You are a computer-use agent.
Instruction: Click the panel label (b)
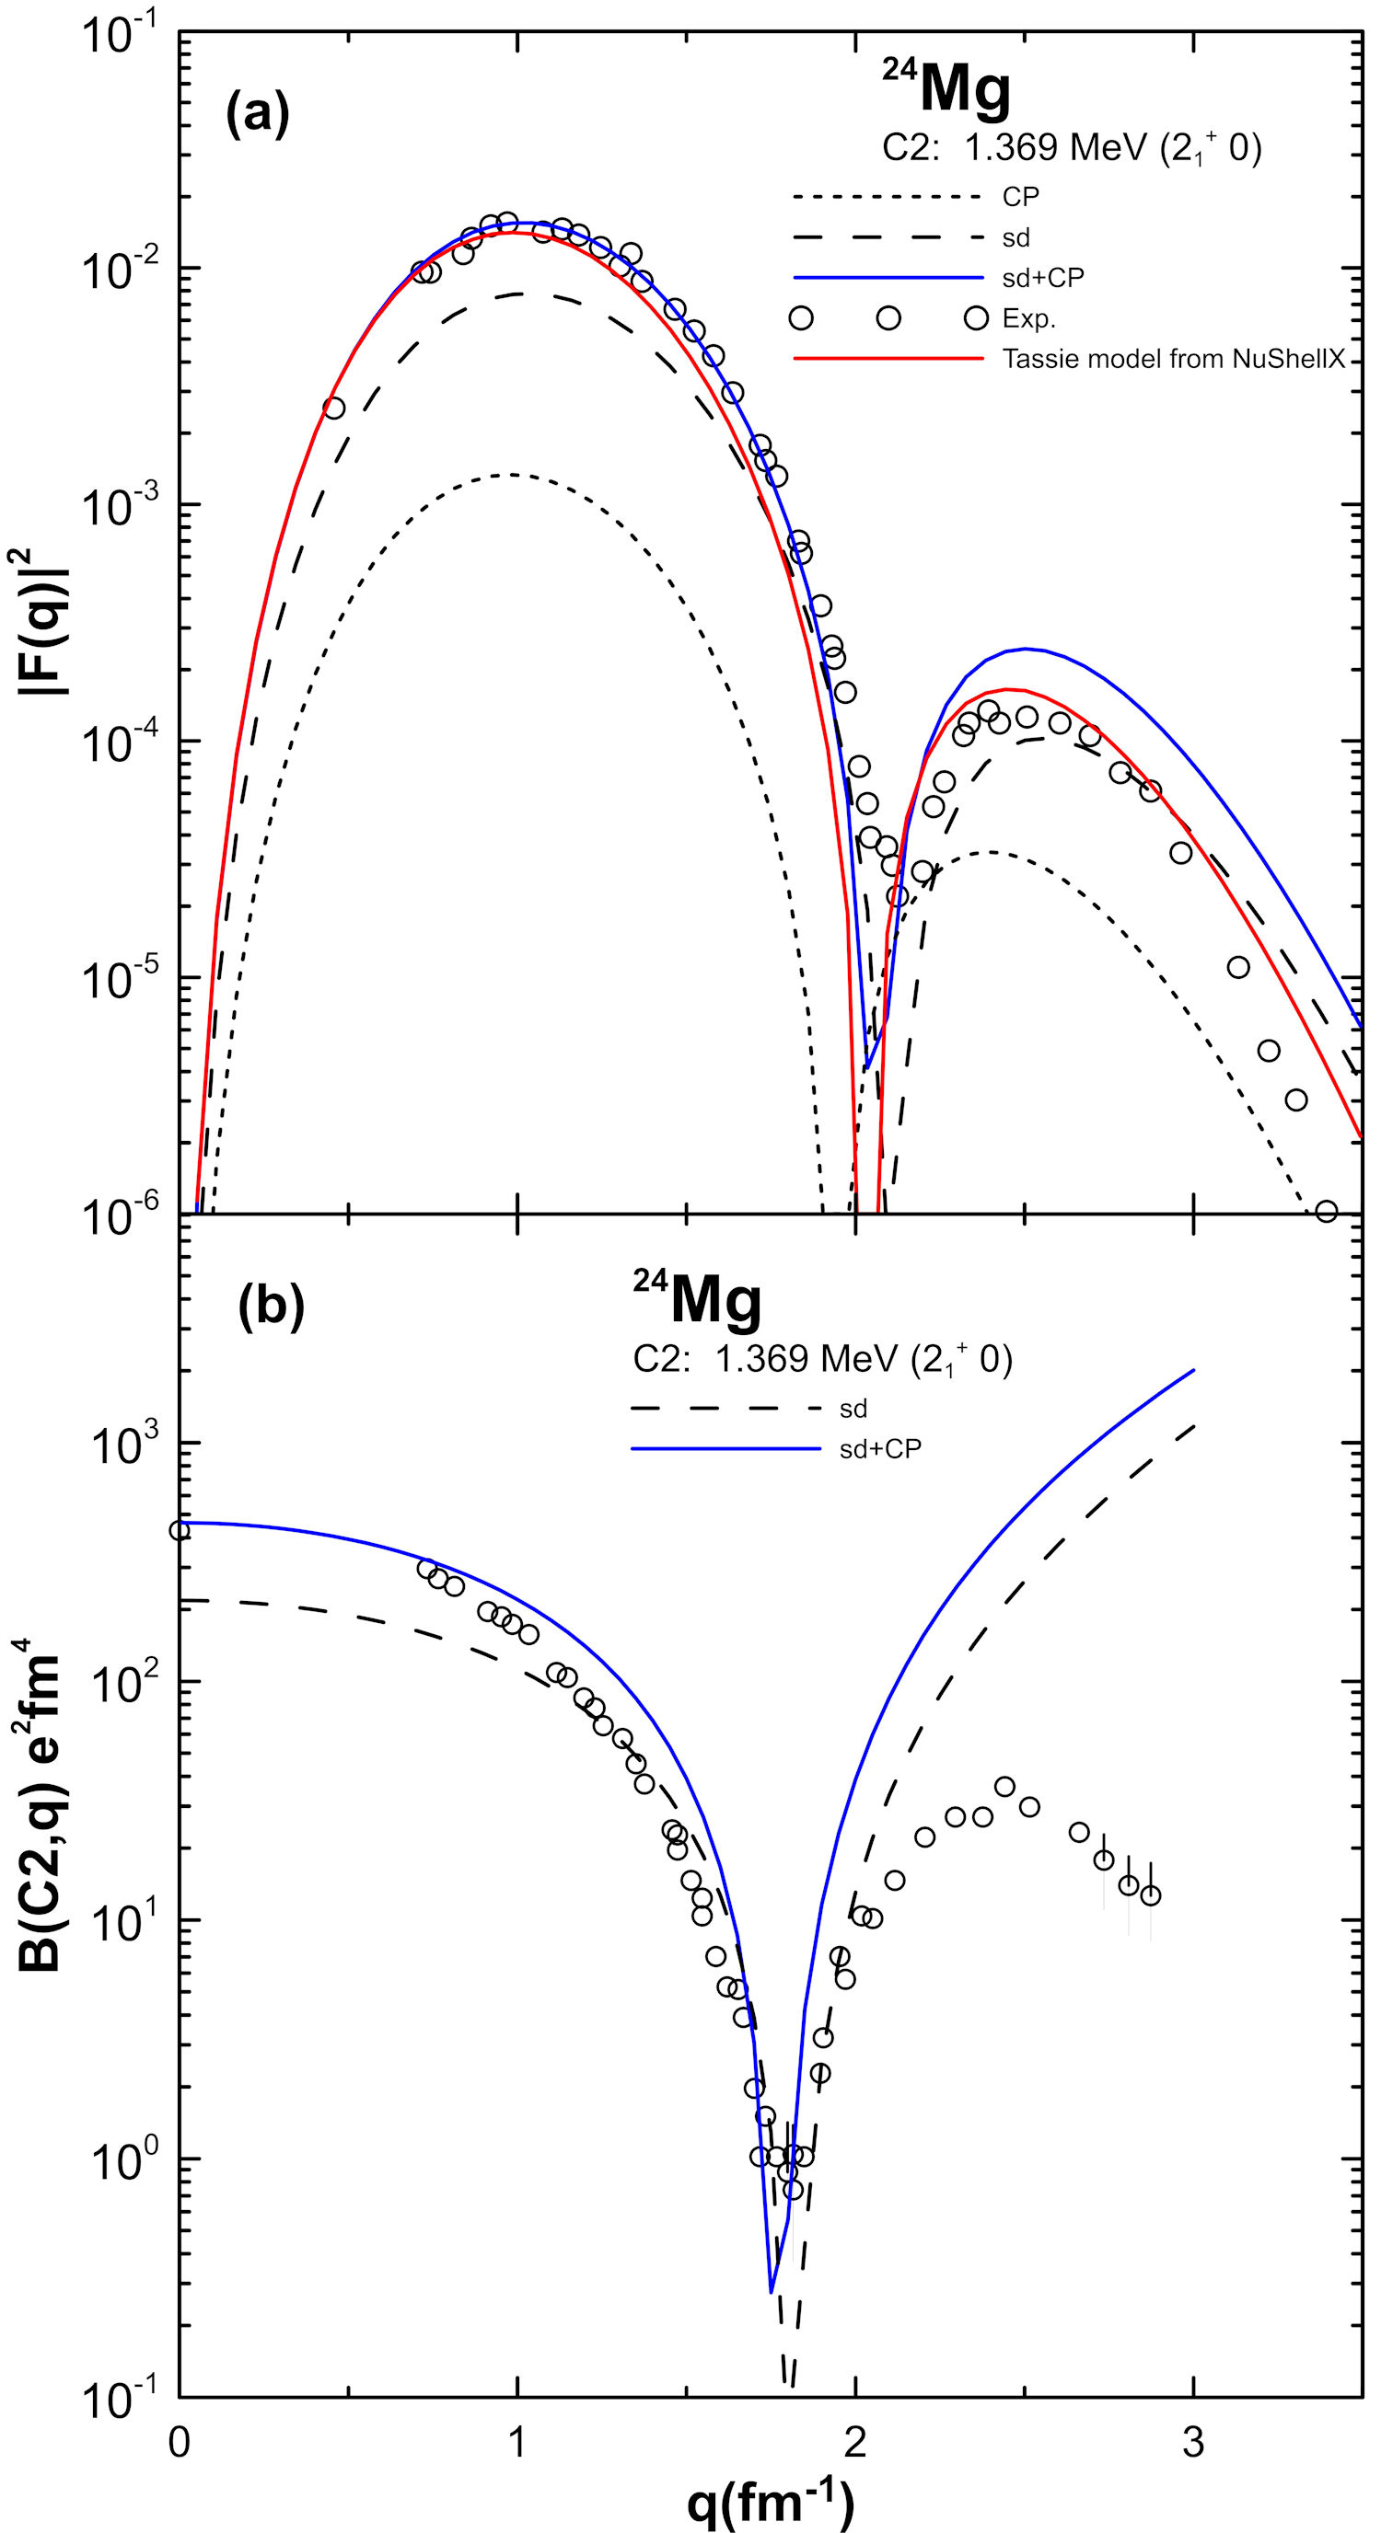(x=271, y=1307)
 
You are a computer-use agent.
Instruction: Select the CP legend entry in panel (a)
(x=1020, y=197)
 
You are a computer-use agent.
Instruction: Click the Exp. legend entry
(x=1027, y=318)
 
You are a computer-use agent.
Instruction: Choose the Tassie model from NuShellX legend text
(x=1173, y=360)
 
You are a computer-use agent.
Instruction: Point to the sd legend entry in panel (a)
(x=1016, y=237)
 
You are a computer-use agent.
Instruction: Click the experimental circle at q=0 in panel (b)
(x=179, y=1529)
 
